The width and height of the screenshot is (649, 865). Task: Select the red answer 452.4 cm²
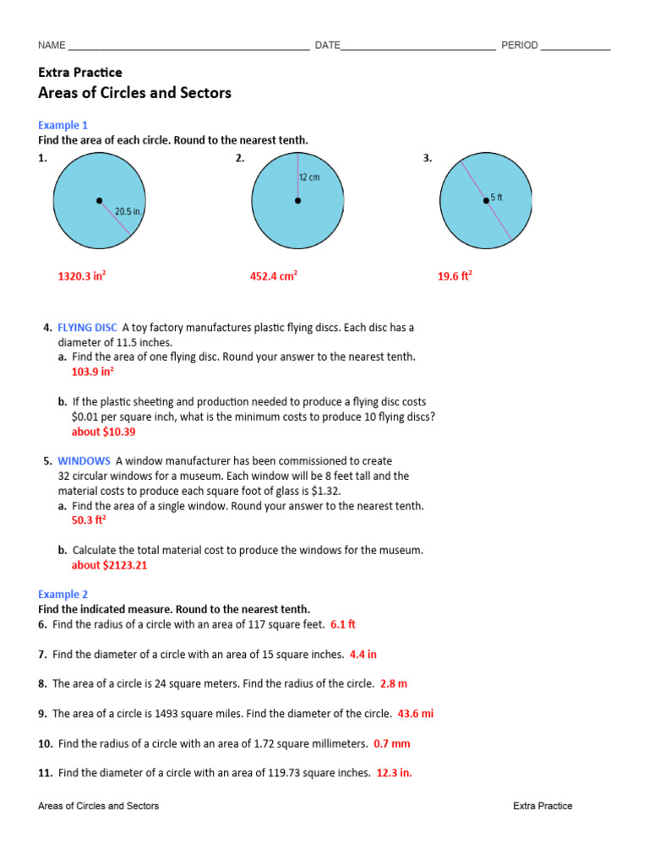pos(274,275)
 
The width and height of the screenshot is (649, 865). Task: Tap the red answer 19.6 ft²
pos(455,275)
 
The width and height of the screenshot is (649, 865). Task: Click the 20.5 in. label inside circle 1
pos(128,212)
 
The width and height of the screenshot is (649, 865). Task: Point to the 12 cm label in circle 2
pos(309,178)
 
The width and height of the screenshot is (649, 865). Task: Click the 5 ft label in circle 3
pos(497,198)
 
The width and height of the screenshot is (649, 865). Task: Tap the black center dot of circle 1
pos(99,201)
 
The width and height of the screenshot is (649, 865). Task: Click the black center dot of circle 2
pos(297,201)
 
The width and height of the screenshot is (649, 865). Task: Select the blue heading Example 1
pos(63,125)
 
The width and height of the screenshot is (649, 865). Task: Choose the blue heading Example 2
pos(63,594)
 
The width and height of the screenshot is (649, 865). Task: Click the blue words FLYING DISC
pos(87,327)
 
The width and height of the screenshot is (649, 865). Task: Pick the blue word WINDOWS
pos(84,461)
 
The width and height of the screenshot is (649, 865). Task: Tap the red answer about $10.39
pos(103,432)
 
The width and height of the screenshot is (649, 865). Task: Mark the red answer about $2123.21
pos(109,565)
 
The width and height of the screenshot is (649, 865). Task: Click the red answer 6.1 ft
pos(343,624)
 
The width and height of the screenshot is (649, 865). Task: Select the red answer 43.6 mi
pos(416,714)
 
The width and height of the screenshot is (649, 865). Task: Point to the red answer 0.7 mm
pos(391,744)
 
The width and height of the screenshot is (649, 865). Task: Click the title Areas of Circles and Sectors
pos(134,93)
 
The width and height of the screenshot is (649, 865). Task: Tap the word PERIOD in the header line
pos(519,45)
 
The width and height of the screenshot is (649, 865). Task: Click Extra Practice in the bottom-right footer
pos(543,806)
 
